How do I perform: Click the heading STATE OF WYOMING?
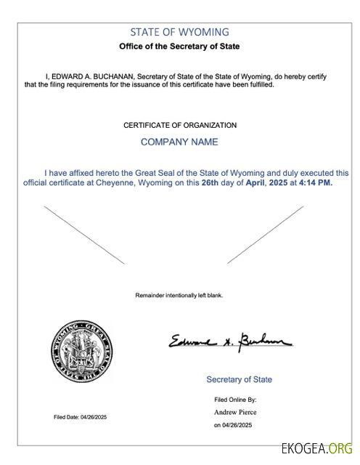[x=179, y=32]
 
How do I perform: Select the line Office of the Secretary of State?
[x=179, y=46]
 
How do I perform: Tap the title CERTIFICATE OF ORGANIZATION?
[x=179, y=125]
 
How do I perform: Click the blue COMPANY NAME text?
[x=179, y=142]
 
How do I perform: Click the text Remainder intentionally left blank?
[x=179, y=295]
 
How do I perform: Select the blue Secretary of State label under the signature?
[x=240, y=379]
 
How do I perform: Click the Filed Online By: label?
[x=234, y=400]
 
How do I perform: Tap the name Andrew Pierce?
[x=235, y=412]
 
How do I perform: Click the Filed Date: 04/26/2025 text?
[x=80, y=417]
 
